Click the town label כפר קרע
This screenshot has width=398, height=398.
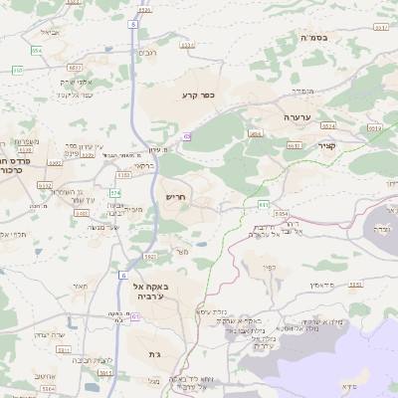199,96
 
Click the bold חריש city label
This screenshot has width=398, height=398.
176,198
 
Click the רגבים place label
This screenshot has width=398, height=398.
147,52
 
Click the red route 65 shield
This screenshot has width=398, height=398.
186,136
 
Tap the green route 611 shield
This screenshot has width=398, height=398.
264,203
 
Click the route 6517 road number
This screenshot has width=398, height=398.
381,28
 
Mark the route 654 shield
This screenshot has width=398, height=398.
36,49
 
